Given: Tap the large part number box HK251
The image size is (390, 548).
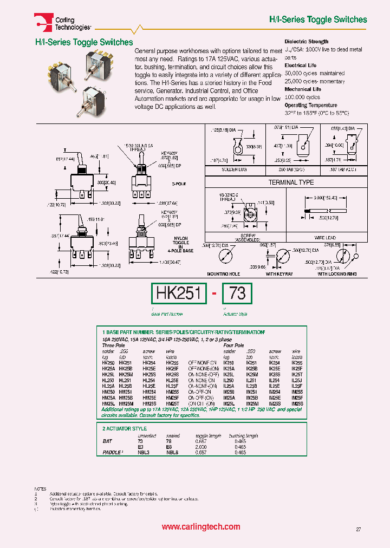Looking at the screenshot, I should click(179, 293).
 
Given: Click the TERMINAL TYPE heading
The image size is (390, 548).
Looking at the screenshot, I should click(291, 182).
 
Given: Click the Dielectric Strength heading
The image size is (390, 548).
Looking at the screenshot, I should click(307, 42).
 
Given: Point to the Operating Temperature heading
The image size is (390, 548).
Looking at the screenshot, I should click(311, 105).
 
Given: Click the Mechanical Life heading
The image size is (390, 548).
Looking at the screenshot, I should click(303, 89).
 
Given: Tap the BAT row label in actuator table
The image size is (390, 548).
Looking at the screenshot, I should click(107, 441).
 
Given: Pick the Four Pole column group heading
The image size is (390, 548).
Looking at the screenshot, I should click(233, 344).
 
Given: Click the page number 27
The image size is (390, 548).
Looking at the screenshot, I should click(359, 529).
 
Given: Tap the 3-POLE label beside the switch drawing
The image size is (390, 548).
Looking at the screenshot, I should click(179, 184).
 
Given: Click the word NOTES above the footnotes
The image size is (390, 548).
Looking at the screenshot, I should click(40, 488).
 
